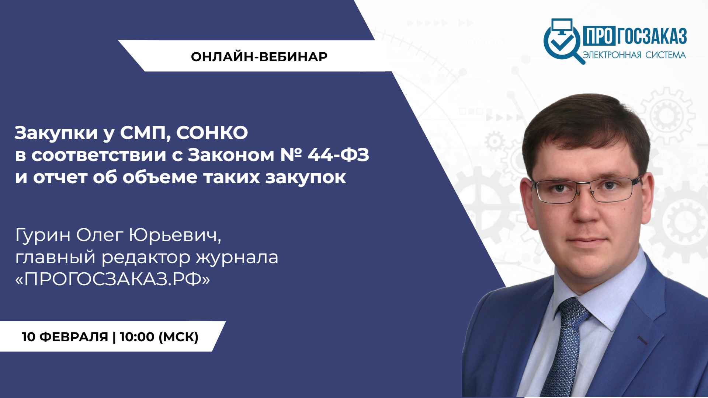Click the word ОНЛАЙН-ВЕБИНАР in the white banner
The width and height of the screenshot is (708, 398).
(x=259, y=57)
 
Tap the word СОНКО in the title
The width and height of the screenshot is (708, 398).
(x=212, y=133)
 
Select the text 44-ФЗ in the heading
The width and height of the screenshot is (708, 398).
(x=339, y=155)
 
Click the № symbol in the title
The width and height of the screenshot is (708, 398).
(x=291, y=155)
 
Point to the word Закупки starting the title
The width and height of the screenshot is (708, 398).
(x=56, y=133)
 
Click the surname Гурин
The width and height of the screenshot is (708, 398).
(x=43, y=235)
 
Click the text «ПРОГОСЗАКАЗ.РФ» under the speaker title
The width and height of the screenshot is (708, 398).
(x=112, y=279)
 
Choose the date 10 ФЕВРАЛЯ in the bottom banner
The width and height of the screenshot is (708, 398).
(x=65, y=337)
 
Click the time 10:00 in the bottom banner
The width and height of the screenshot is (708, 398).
(x=137, y=337)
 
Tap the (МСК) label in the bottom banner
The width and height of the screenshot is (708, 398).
(x=178, y=337)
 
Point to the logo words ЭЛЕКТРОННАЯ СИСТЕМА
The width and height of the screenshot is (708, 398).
(x=634, y=55)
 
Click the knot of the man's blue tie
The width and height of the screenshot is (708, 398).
(x=574, y=312)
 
